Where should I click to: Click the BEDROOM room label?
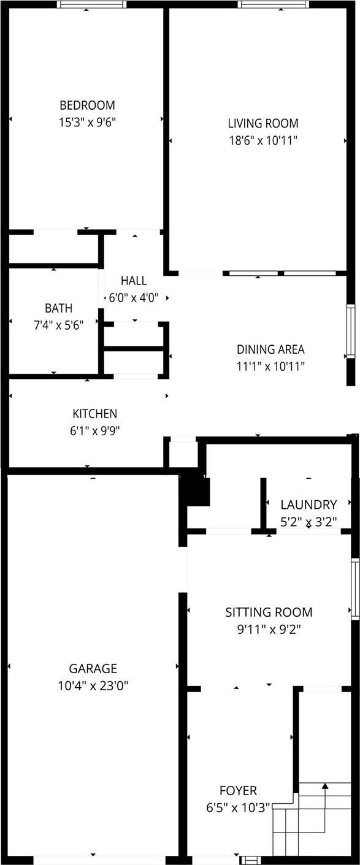click(x=86, y=105)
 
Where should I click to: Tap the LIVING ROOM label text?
click(x=262, y=123)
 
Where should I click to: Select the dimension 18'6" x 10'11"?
click(x=262, y=140)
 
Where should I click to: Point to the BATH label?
click(x=58, y=308)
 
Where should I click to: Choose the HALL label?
click(x=133, y=281)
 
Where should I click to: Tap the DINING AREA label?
click(x=270, y=349)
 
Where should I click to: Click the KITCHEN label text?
click(x=94, y=414)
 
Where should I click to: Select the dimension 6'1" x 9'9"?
click(x=94, y=430)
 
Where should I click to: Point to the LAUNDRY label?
click(x=308, y=505)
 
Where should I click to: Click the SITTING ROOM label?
click(x=269, y=612)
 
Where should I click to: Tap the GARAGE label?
click(x=93, y=668)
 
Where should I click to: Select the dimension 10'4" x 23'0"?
click(x=93, y=685)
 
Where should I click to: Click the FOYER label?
click(x=238, y=790)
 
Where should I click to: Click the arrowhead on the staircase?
click(x=326, y=785)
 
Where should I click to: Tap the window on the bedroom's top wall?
click(x=92, y=4)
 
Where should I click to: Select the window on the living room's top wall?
click(x=274, y=4)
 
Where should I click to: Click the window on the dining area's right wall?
click(x=351, y=331)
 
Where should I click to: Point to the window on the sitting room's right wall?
click(x=354, y=589)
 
